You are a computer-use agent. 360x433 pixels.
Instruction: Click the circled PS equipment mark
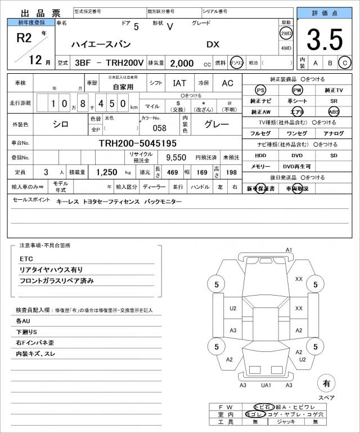(x=260, y=90)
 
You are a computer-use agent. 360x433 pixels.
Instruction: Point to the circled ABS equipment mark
(x=334, y=111)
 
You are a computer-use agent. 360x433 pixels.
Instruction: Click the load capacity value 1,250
(x=106, y=172)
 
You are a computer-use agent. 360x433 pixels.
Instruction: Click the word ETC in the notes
(x=26, y=258)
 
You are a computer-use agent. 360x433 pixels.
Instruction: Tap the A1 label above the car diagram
(x=289, y=249)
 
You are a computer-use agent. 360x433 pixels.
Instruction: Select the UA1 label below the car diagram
(x=266, y=385)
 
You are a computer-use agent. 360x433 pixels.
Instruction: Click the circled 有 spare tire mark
(x=326, y=383)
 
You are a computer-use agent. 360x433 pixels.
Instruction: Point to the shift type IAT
(x=180, y=83)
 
